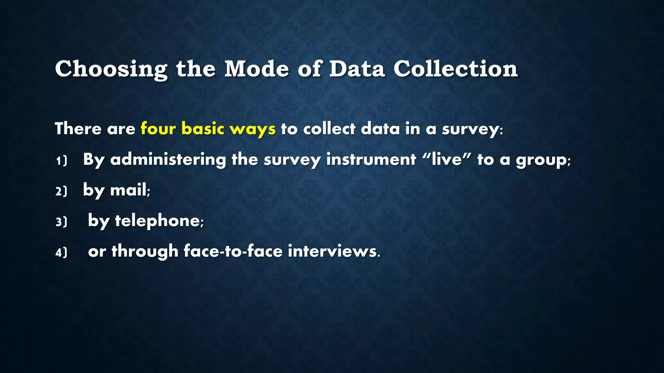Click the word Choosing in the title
pos(111,69)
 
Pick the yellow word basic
pos(203,129)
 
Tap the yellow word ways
pos(253,129)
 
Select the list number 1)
pos(61,161)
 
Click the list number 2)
pos(61,191)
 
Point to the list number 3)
pos(61,222)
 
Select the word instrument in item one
pos(371,159)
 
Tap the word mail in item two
pos(128,190)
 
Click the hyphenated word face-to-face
pos(233,251)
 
